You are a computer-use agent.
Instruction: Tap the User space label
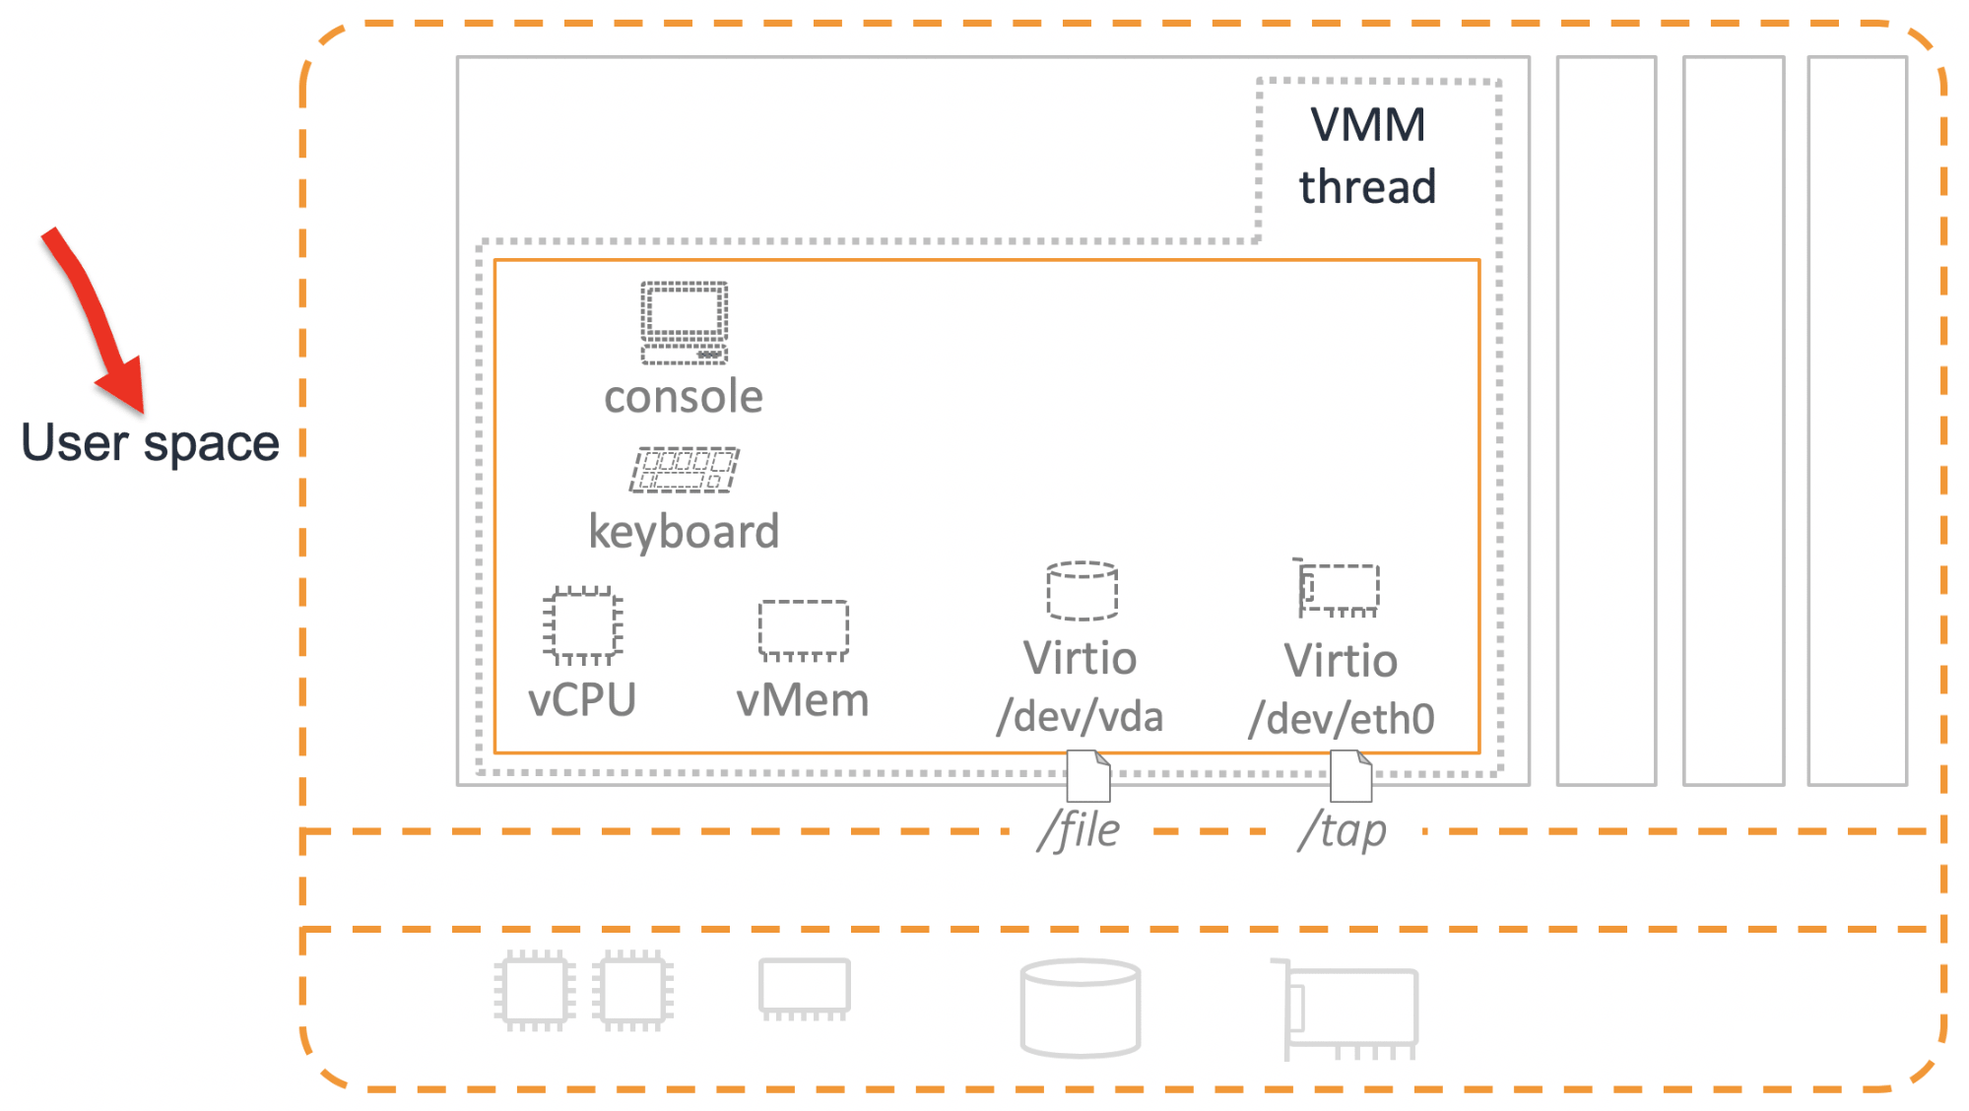150,443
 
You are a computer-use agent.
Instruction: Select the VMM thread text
1367,156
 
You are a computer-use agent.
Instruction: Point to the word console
684,397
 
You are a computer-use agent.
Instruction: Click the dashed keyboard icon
685,470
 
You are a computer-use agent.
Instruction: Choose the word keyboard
684,532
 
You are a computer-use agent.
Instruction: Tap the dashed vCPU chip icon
582,625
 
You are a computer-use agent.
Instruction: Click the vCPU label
582,700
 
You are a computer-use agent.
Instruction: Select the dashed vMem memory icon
803,629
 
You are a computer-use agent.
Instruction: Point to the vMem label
803,700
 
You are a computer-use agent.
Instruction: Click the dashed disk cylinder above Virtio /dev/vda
1082,591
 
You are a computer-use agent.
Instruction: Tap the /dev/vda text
1080,716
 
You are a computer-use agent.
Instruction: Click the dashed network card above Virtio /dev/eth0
1339,589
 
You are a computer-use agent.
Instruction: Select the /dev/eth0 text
1342,719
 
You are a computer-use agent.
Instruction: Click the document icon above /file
1088,776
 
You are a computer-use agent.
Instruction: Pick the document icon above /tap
1350,776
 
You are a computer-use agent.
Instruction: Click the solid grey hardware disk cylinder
1081,1009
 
